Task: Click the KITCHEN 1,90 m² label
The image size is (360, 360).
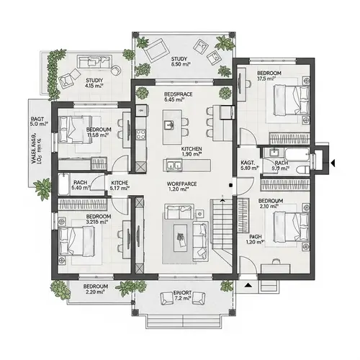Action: coord(191,151)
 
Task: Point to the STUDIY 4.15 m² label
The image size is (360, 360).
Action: coord(94,83)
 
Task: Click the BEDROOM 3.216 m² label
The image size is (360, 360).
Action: coord(97,220)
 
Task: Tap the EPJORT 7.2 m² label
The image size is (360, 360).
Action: coord(182,295)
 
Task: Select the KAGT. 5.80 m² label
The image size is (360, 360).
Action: coord(247,167)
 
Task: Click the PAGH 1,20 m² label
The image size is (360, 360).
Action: coord(256,239)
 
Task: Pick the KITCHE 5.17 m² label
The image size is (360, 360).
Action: coord(120,186)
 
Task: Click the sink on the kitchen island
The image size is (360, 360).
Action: coord(170,125)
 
